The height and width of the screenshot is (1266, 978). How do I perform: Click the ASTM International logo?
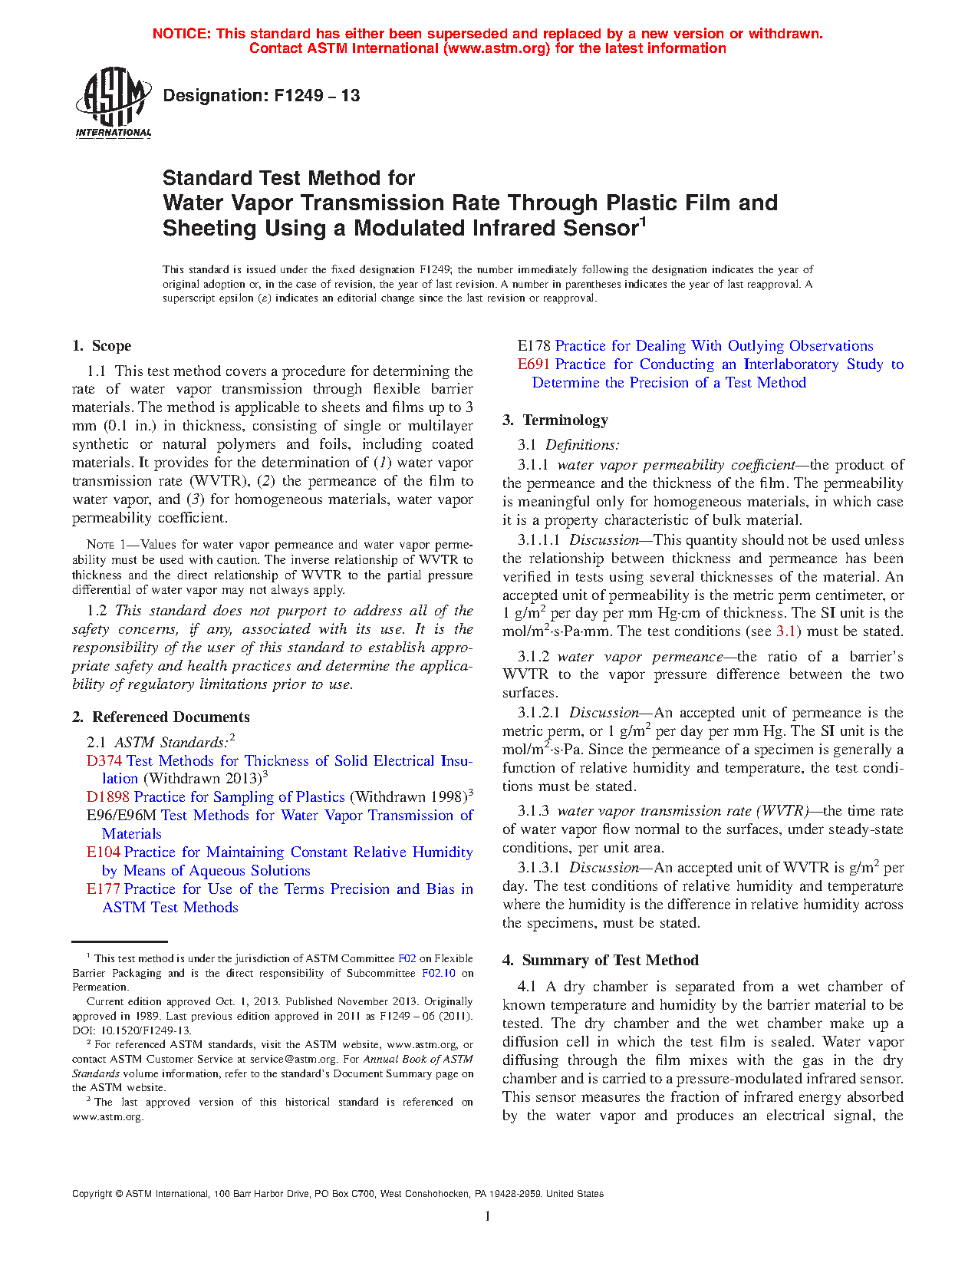pos(114,101)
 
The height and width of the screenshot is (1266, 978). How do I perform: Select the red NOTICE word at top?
pos(181,34)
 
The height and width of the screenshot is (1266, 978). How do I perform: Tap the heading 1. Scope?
pos(101,346)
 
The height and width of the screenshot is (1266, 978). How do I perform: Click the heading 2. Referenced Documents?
pos(161,717)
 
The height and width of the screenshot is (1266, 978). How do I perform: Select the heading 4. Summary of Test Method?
pos(601,961)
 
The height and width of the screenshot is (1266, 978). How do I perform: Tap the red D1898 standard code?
pos(108,797)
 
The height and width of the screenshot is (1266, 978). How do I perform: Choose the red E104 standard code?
pos(104,852)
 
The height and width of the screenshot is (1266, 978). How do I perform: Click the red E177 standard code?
pos(104,889)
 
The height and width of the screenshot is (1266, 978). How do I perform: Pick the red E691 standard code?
pos(534,364)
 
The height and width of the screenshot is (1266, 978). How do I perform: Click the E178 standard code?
pos(534,346)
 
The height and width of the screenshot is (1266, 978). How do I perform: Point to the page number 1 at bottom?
pos(488,1215)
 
